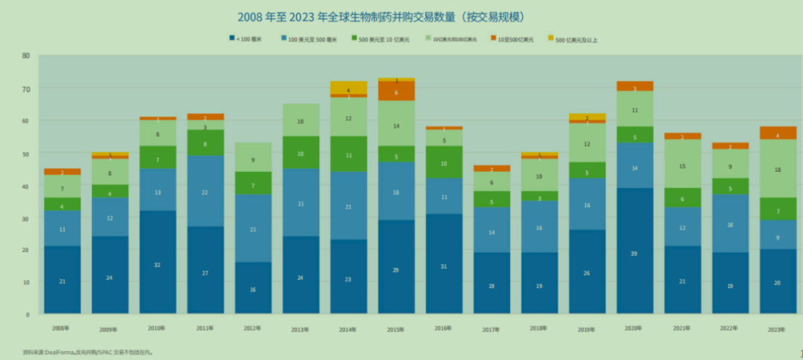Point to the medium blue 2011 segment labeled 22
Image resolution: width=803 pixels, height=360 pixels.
(205, 192)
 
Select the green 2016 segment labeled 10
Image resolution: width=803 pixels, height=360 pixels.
(444, 162)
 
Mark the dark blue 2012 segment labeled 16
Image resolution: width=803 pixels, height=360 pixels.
(253, 288)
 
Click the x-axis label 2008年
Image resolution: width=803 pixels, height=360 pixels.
(61, 327)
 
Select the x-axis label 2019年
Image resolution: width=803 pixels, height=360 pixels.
(587, 329)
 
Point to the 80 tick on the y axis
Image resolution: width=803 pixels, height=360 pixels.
(26, 56)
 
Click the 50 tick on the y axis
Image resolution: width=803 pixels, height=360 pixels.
(26, 153)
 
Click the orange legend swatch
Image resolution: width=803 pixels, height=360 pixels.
(493, 38)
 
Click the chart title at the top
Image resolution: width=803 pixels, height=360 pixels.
(386, 16)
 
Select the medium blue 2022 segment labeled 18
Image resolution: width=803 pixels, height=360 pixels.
(730, 224)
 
